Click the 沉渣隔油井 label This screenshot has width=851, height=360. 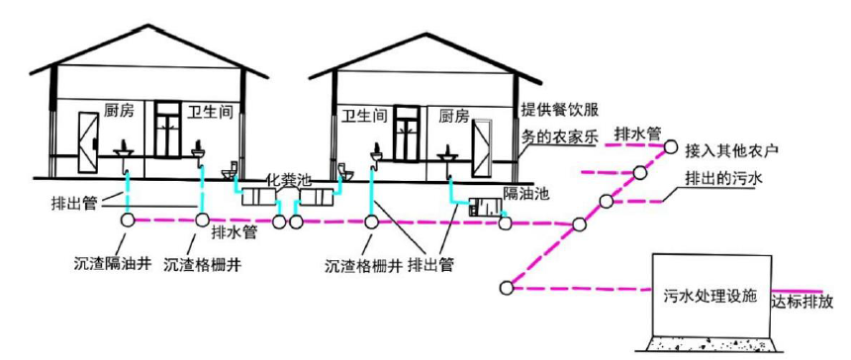(x=112, y=264)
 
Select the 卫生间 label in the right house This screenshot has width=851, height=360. (x=363, y=115)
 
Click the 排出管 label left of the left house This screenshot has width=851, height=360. (x=74, y=206)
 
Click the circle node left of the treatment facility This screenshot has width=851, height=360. (x=508, y=288)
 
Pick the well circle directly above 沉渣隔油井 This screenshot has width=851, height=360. (x=127, y=221)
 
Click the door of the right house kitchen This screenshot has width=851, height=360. (x=484, y=148)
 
